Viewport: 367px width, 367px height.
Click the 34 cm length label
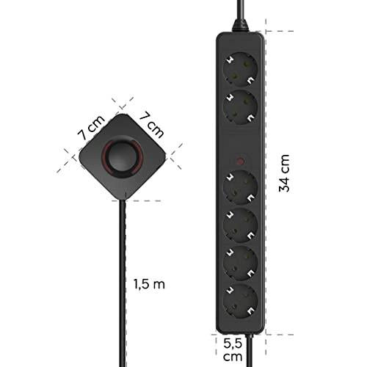pos(284,173)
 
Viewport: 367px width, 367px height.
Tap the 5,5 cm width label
pos(233,350)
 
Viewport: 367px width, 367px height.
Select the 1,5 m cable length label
pos(149,284)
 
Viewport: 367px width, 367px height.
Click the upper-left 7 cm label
pos(91,128)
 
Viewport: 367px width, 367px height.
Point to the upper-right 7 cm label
pos(152,125)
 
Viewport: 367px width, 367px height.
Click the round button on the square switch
pos(123,156)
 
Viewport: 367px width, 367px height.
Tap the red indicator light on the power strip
pos(241,161)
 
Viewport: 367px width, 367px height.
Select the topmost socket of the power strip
pos(241,69)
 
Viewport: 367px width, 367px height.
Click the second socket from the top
pos(241,107)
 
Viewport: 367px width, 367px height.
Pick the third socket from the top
pos(241,187)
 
